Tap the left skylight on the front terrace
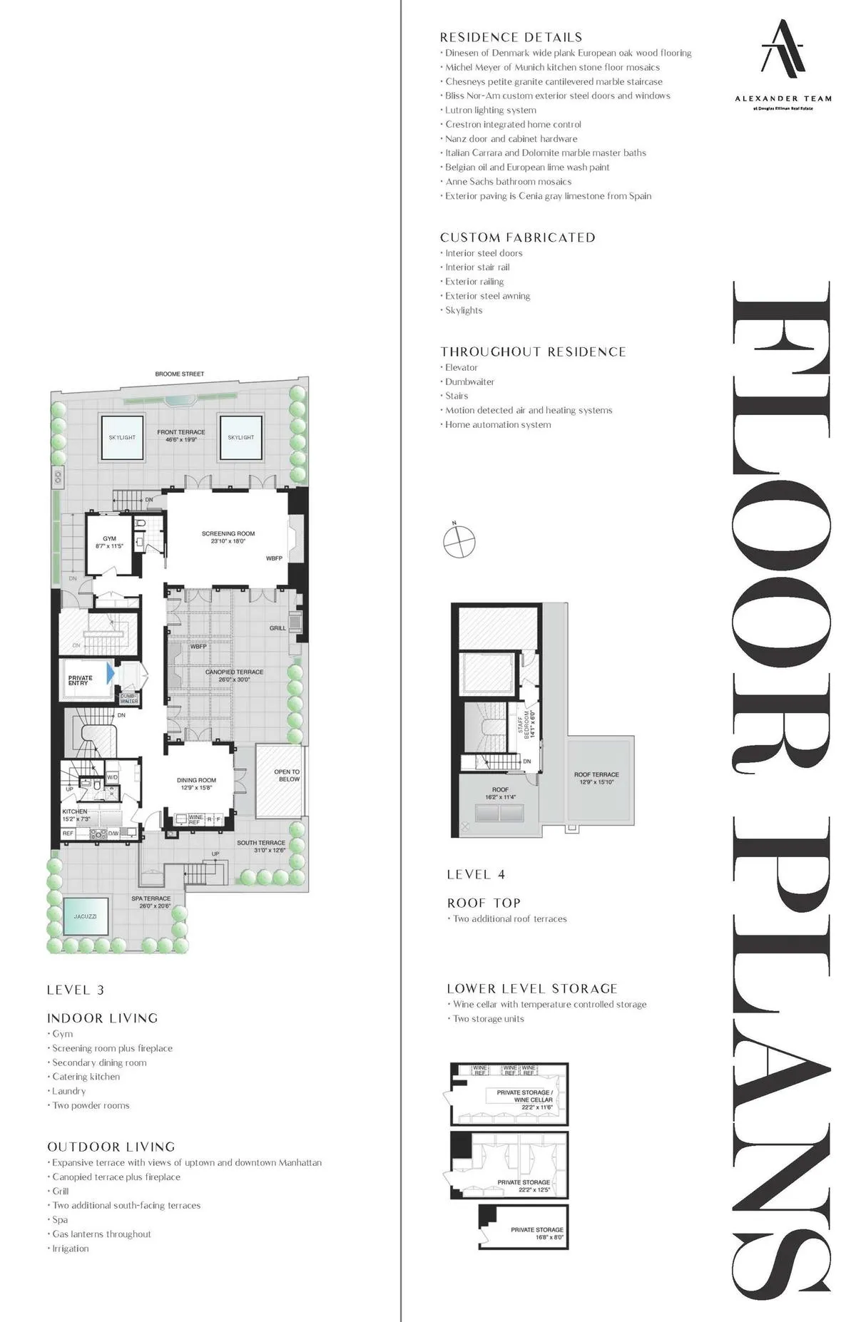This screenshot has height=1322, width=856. (x=122, y=437)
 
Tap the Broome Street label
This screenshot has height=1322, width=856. (x=179, y=374)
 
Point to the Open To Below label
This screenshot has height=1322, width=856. (x=287, y=775)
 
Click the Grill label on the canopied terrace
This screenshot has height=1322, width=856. (x=277, y=628)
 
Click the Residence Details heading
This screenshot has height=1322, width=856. (x=511, y=37)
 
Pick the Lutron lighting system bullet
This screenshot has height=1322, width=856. (x=490, y=110)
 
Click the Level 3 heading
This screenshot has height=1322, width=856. (x=75, y=990)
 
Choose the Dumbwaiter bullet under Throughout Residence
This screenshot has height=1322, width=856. (x=469, y=381)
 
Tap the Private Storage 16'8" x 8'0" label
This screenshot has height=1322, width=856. (x=537, y=1234)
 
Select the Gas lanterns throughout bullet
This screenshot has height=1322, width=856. (x=101, y=1234)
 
